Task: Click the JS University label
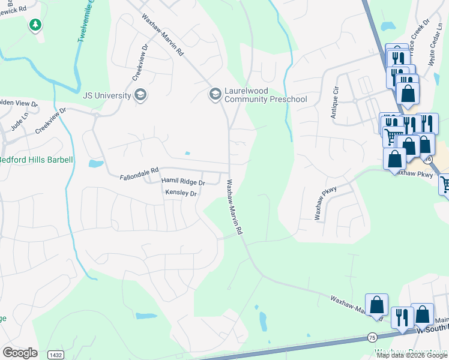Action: [x=107, y=95]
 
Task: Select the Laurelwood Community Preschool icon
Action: [x=215, y=94]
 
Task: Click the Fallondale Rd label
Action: [x=139, y=177]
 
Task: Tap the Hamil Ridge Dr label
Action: [x=184, y=181]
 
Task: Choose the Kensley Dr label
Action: [x=181, y=193]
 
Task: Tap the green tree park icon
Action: [x=35, y=25]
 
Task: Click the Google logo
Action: [x=20, y=353]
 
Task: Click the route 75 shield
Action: [x=372, y=337]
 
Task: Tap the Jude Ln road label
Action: [x=20, y=124]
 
